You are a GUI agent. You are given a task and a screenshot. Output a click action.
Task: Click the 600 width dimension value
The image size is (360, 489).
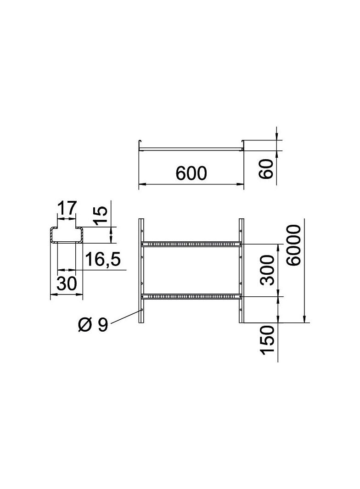(191, 173)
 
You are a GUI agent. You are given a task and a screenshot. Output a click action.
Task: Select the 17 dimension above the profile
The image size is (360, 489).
(67, 209)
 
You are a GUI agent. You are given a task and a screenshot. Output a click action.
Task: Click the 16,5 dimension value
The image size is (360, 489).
(103, 260)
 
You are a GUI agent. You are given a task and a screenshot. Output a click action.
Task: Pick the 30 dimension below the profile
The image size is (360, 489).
(67, 284)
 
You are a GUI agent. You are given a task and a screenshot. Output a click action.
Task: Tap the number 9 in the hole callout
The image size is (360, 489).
(102, 325)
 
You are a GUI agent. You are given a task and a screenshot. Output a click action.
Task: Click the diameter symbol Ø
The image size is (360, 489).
(85, 325)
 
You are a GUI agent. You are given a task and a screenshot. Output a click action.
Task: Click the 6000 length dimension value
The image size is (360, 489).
(293, 245)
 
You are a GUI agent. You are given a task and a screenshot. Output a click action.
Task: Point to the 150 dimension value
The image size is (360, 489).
(268, 339)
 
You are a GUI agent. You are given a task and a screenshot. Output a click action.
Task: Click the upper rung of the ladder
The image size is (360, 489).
(191, 244)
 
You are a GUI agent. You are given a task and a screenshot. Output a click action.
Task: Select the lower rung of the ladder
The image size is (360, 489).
(191, 297)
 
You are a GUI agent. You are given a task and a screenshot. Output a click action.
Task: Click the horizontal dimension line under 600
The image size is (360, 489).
(191, 184)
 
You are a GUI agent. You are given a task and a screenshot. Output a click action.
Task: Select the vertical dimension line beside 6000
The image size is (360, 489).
(305, 271)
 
